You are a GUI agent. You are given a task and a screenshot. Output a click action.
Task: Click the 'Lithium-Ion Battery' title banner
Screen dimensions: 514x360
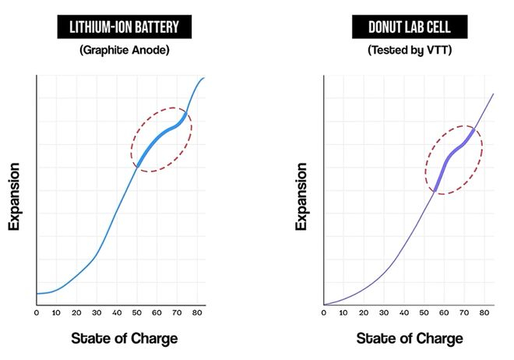[x=125, y=26]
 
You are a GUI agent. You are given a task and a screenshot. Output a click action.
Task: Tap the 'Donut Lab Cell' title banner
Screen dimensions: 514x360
[x=410, y=26]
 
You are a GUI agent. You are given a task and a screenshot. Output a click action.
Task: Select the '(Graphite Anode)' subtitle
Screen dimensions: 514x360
[x=125, y=50]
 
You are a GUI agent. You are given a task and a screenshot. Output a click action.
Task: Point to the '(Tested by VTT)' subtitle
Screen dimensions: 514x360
[x=410, y=50]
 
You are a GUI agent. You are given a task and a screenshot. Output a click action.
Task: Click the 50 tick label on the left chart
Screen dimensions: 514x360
[x=137, y=312]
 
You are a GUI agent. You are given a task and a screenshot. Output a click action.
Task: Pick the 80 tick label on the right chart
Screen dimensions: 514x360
[x=484, y=312]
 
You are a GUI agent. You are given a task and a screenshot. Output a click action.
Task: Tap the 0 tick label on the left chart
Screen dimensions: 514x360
[x=37, y=312]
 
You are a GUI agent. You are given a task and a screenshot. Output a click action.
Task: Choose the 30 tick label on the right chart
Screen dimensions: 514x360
[x=383, y=312]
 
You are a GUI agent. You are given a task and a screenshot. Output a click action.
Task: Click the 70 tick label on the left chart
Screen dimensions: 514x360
[x=177, y=312]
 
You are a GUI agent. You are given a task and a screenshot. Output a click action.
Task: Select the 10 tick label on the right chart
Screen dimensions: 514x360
[x=343, y=312]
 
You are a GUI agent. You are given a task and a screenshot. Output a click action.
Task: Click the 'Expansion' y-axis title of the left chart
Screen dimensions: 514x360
[x=14, y=196]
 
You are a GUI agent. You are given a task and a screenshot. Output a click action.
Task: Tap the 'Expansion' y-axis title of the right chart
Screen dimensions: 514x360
[x=301, y=196]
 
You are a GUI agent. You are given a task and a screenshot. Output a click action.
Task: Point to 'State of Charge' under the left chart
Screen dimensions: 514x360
[x=125, y=338]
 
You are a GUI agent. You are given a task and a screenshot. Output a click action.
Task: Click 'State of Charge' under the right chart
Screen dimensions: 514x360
[x=410, y=338]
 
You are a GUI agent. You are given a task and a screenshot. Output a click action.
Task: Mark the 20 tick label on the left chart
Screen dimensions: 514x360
[x=76, y=312]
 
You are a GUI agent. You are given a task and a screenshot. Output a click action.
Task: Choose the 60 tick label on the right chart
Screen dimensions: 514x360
[x=444, y=312]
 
